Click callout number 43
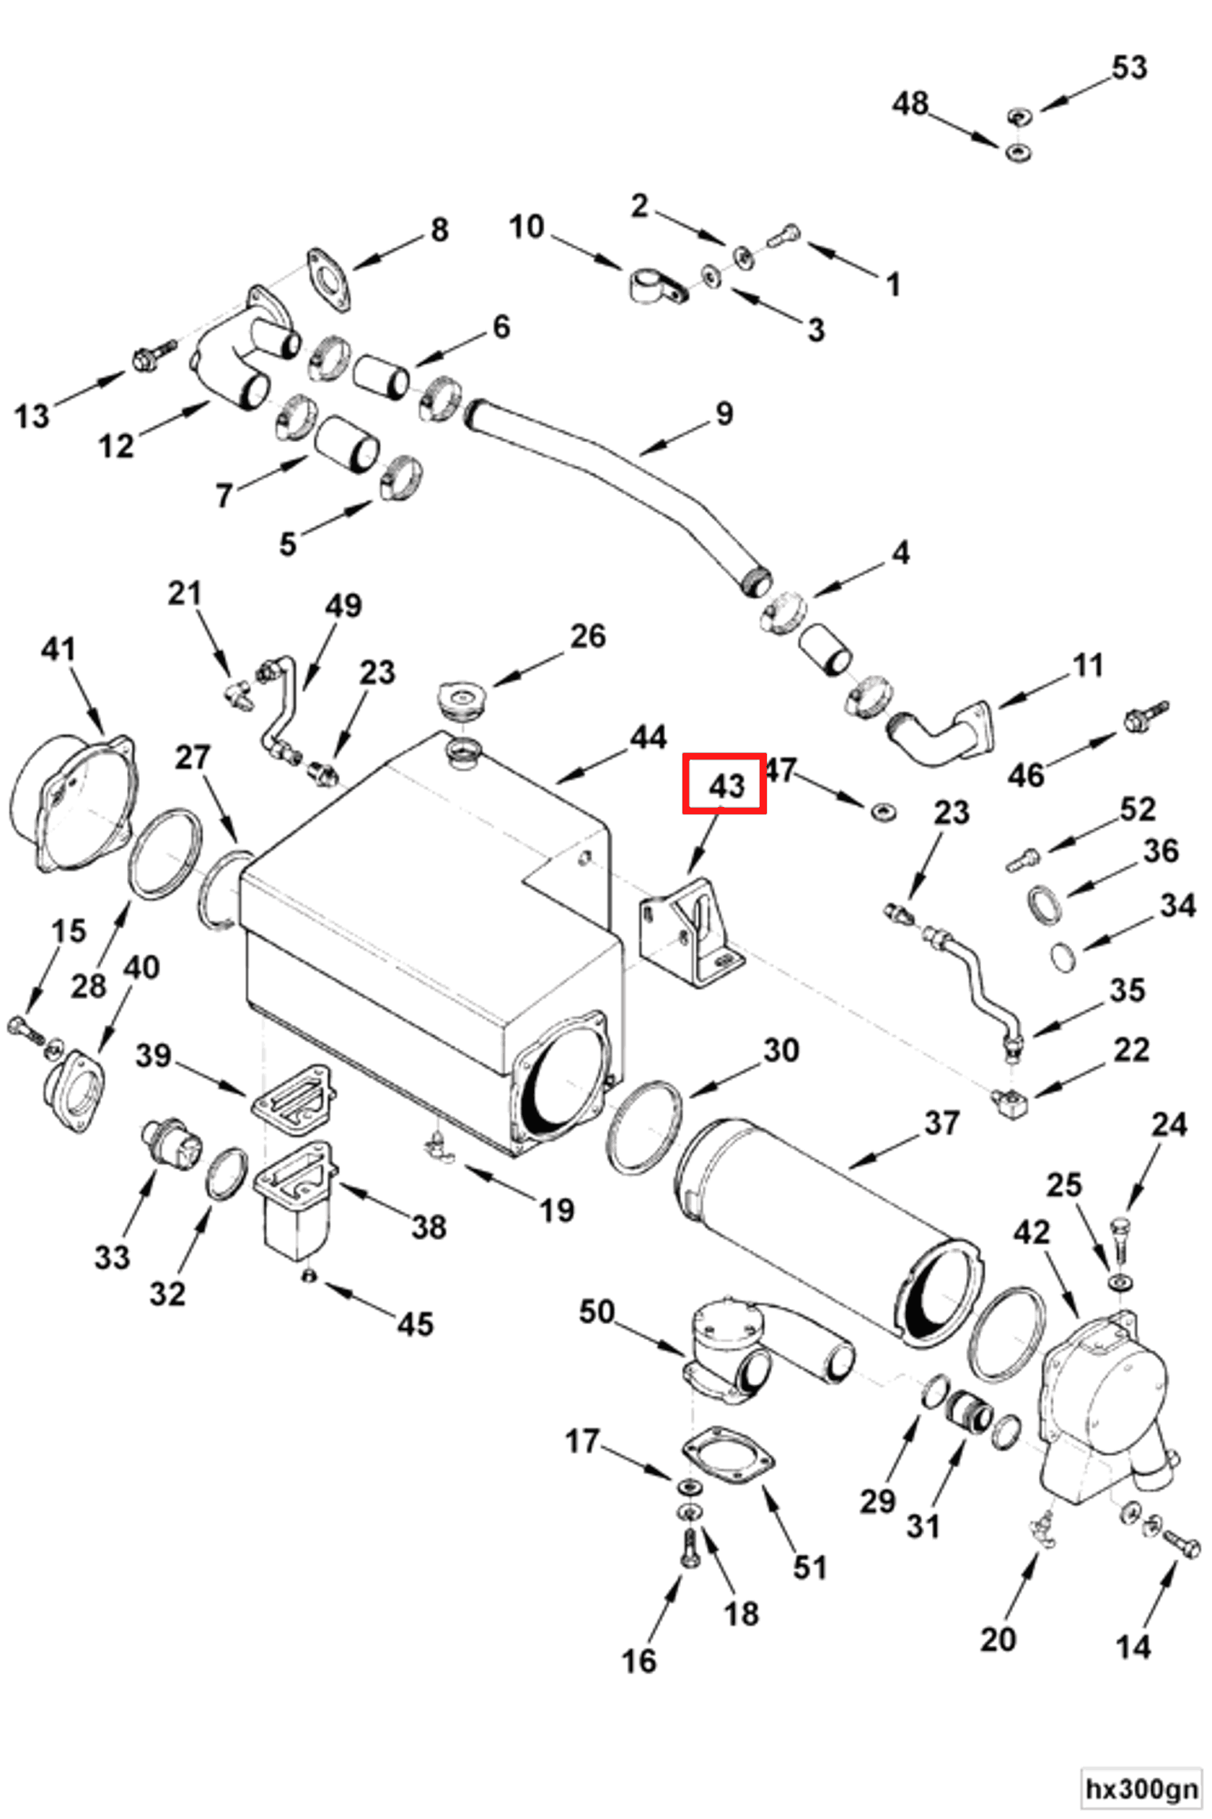coord(725,786)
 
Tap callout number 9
coord(724,414)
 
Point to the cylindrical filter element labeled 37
coord(827,1230)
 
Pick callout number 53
coord(1128,68)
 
